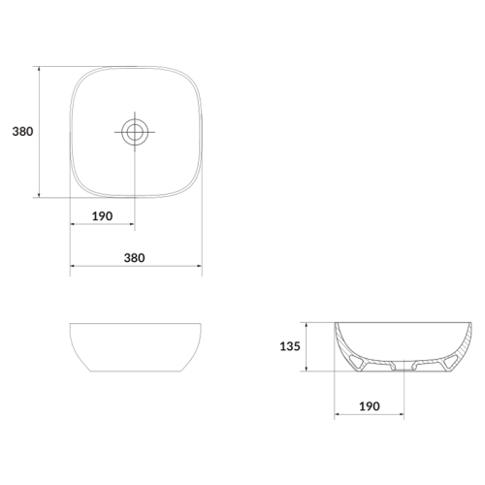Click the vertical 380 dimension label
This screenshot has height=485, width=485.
pos(22,132)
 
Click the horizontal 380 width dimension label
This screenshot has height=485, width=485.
pos(135,258)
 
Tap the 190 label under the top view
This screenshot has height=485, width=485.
pos(102,216)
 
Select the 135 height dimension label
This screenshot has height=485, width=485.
pos(290,346)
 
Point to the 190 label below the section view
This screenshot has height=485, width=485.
pos(370,406)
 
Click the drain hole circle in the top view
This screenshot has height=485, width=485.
pos(135,132)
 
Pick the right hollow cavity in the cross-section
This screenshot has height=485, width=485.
pos(450,363)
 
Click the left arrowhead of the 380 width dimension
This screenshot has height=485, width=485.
pos(73,266)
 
